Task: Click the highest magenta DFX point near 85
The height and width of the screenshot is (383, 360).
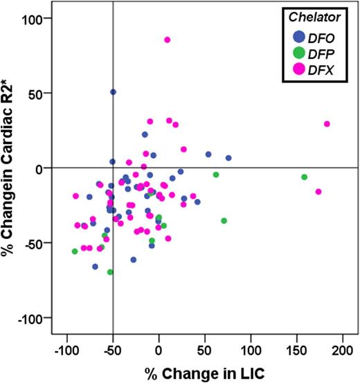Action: [167, 40]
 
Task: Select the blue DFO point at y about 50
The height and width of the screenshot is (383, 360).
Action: [113, 92]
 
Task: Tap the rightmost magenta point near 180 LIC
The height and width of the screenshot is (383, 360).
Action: [327, 124]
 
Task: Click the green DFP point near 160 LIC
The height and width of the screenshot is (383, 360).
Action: [304, 177]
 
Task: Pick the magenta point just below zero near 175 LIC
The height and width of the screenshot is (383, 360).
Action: [318, 192]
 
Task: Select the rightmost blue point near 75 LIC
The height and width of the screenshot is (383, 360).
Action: [228, 158]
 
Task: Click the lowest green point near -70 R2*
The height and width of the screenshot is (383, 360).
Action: [110, 272]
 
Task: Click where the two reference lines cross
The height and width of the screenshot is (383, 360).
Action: [113, 168]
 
